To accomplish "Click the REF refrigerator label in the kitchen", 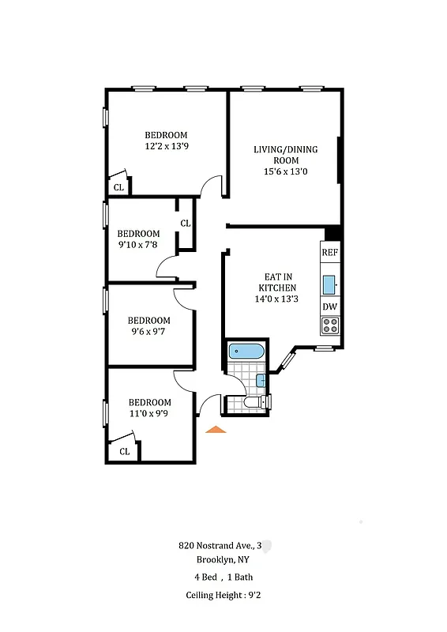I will coord(329,253).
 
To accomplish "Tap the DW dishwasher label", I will coord(329,307).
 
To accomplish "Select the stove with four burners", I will coord(329,325).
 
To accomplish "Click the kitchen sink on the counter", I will coord(329,281).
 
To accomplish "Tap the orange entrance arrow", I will coord(216,429).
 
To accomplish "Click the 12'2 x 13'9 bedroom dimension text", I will coord(166,147).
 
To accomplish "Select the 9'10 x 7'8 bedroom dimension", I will coord(138,245).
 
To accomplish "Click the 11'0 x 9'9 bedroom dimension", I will coord(149,413).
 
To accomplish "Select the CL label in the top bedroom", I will coord(118,188).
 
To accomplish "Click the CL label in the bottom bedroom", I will coord(124,452).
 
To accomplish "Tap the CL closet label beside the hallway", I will coord(186,224).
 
